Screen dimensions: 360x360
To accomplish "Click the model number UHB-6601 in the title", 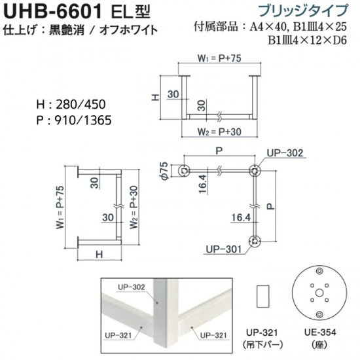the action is tap(52, 11).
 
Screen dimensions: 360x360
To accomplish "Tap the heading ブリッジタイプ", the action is tap(303, 10).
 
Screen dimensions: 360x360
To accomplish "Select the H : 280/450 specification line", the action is tap(71, 105).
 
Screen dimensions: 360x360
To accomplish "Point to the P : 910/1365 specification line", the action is tap(74, 120).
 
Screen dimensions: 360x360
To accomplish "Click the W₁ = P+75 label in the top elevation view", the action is tap(219, 58).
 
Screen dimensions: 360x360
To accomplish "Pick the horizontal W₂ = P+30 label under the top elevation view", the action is tap(219, 132).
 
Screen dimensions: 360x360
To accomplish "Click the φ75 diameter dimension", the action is tap(165, 171).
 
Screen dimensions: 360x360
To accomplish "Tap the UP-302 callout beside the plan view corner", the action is tap(285, 153).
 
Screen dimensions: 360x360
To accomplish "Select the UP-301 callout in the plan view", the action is tap(224, 249).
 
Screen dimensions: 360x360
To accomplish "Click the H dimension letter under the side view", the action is tap(99, 255).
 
